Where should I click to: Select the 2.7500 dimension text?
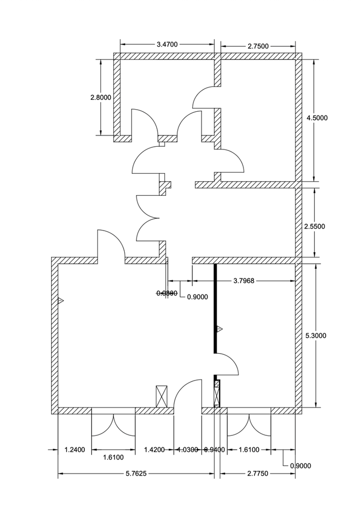(258, 47)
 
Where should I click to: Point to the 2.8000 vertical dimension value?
(100, 97)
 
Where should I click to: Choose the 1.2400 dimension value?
(75, 449)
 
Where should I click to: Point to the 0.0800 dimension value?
(167, 293)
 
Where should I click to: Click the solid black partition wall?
(215, 306)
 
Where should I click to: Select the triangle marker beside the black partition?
(219, 328)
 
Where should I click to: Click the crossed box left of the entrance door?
(161, 396)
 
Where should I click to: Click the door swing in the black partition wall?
(227, 364)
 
